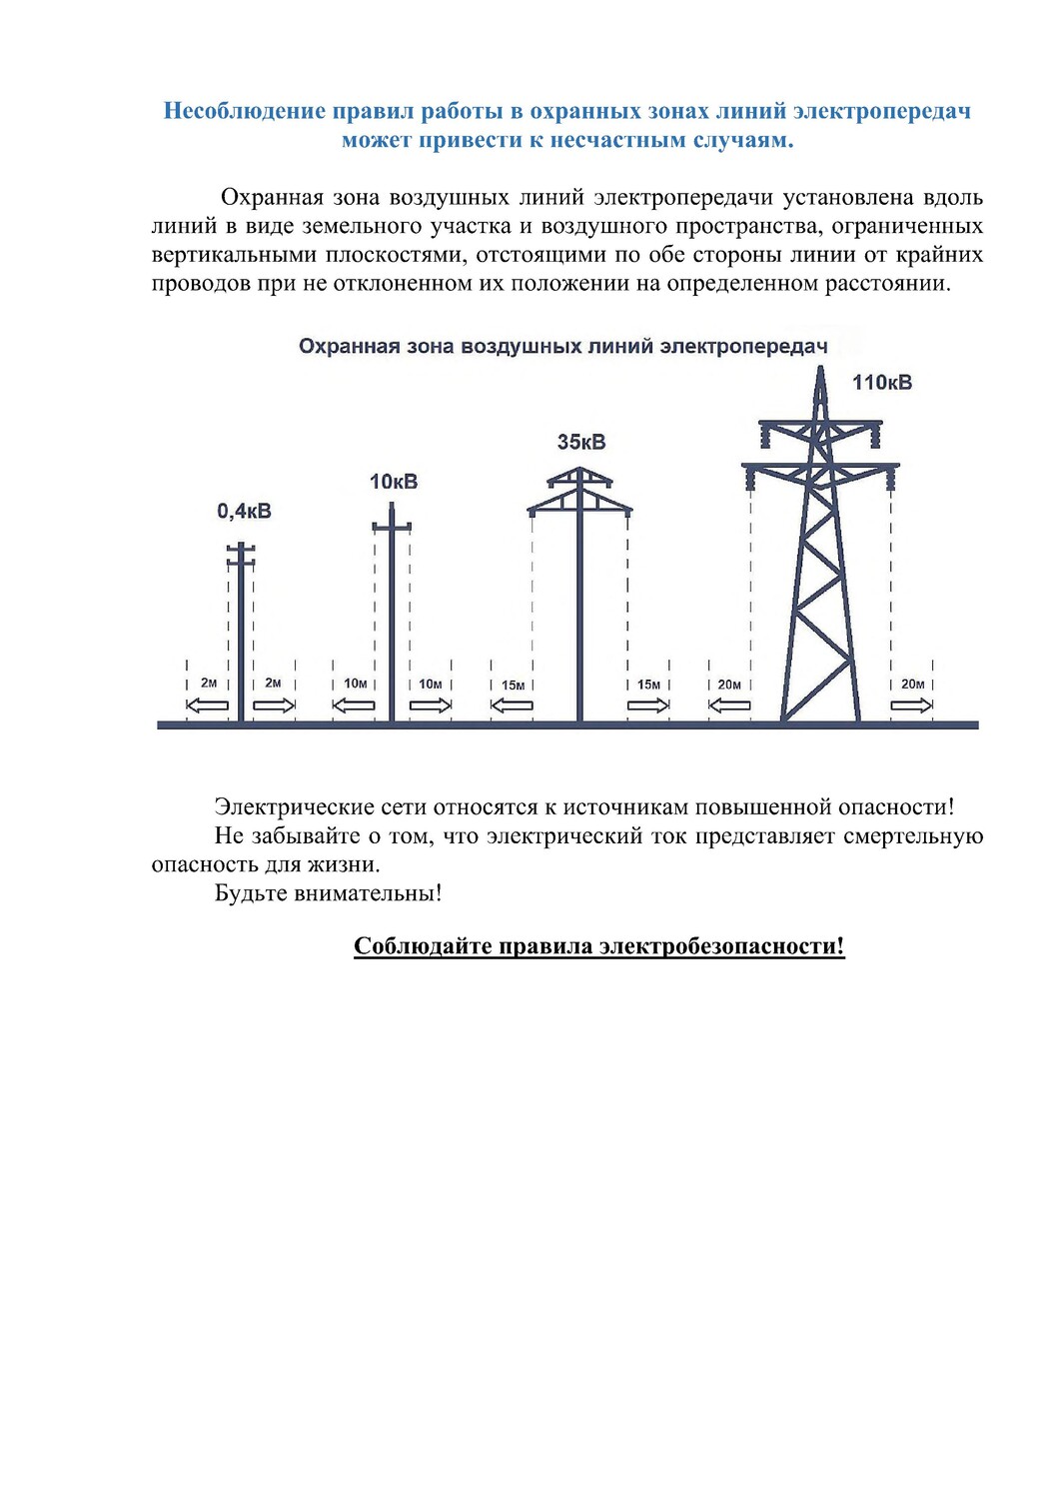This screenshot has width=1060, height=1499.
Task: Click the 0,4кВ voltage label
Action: pyautogui.click(x=244, y=512)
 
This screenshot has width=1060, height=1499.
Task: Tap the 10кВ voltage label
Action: pyautogui.click(x=394, y=482)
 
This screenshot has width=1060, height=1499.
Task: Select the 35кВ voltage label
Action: pyautogui.click(x=581, y=442)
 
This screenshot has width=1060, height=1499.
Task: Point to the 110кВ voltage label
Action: pyautogui.click(x=881, y=383)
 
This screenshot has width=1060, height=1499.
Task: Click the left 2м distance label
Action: pyautogui.click(x=209, y=684)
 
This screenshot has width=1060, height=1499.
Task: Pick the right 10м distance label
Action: pyautogui.click(x=431, y=685)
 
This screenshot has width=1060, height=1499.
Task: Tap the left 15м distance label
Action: pyautogui.click(x=513, y=686)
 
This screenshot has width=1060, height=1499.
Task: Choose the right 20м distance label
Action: pyautogui.click(x=912, y=685)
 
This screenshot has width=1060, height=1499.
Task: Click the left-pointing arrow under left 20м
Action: pyautogui.click(x=729, y=706)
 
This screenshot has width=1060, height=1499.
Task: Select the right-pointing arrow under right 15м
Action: pyautogui.click(x=648, y=706)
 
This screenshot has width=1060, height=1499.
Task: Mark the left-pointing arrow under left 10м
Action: pyautogui.click(x=354, y=706)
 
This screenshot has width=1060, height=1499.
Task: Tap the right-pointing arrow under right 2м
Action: pyautogui.click(x=274, y=706)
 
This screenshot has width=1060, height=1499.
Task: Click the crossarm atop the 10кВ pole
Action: pyautogui.click(x=392, y=527)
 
